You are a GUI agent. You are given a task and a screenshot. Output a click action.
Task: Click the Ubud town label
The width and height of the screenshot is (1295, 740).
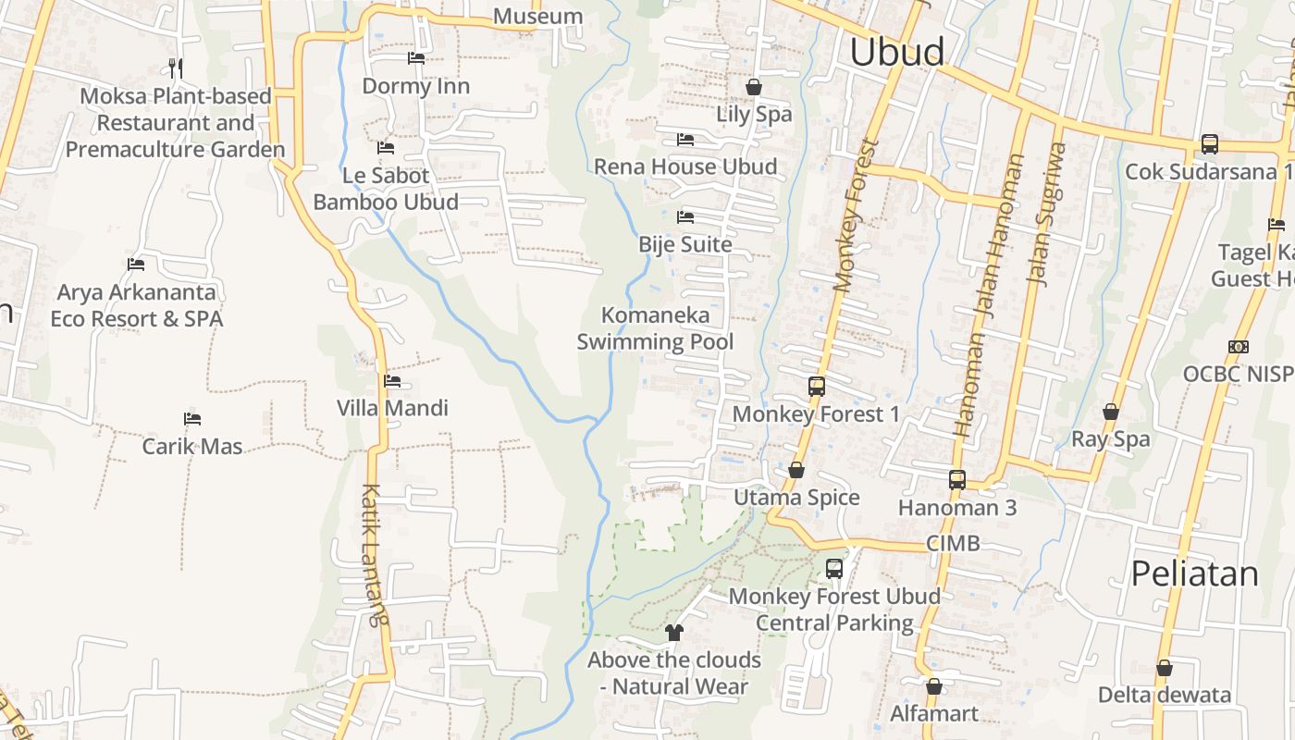point(896,52)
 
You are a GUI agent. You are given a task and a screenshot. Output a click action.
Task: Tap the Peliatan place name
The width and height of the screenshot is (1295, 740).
point(1194,573)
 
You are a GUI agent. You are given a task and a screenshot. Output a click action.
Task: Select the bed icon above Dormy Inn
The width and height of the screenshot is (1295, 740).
point(416,58)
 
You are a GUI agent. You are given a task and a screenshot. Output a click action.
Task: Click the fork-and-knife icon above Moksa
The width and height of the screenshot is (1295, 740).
point(176,68)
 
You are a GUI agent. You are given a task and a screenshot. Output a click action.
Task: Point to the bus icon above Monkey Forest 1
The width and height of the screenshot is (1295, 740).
point(816,387)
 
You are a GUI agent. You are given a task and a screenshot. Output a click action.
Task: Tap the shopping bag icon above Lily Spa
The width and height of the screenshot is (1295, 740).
point(754,87)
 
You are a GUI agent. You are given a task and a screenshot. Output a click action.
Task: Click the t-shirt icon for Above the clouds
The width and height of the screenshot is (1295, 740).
point(673,633)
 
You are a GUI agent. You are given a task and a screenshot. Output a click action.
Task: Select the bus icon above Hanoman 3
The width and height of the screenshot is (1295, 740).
point(956,480)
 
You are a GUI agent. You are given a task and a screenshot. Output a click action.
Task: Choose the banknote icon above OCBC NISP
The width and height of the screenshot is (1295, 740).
point(1238,347)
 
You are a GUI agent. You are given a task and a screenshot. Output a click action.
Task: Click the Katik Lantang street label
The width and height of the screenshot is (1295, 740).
point(373,555)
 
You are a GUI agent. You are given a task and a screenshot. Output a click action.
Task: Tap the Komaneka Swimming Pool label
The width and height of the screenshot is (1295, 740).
point(655,327)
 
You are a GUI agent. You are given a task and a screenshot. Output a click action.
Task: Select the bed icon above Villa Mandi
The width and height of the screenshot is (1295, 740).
point(392,381)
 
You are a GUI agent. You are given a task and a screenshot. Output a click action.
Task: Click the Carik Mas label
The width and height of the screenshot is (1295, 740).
point(192,446)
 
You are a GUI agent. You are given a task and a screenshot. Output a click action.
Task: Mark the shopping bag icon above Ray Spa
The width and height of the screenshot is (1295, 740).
point(1110,412)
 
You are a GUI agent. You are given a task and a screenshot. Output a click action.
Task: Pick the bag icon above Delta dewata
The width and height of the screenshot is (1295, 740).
point(1164,668)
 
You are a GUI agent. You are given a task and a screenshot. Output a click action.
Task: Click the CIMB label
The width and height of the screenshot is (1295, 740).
point(953,543)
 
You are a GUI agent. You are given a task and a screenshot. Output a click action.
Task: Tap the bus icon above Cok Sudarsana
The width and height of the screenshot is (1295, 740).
point(1209,144)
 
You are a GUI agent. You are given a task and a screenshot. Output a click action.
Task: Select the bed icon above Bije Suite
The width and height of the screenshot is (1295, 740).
point(685,217)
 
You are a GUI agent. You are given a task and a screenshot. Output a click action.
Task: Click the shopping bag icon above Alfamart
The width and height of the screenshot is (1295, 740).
point(933,686)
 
